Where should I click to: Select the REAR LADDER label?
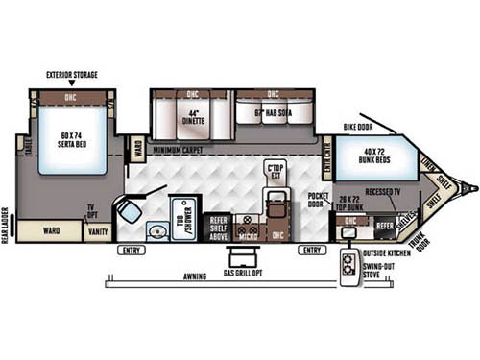8,225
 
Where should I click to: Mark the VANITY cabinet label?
98,231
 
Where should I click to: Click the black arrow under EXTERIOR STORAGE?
73,84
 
